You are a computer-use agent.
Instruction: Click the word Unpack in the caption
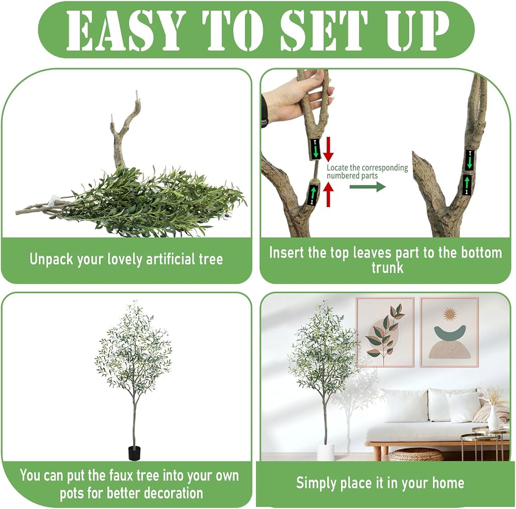(51, 260)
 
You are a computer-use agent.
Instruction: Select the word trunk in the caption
(388, 267)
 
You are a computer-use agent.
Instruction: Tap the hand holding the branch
(295, 99)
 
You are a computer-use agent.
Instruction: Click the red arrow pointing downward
(328, 150)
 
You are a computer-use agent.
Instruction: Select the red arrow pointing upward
(328, 195)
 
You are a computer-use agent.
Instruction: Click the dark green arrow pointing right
(367, 187)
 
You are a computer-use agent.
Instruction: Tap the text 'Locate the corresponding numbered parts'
(367, 171)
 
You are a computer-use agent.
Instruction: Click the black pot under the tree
(134, 453)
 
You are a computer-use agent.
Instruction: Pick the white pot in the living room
(326, 452)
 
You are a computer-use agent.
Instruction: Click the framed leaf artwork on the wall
(385, 332)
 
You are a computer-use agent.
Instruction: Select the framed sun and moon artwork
(449, 332)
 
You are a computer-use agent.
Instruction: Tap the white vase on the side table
(493, 418)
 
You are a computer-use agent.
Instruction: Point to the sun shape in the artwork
(449, 314)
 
